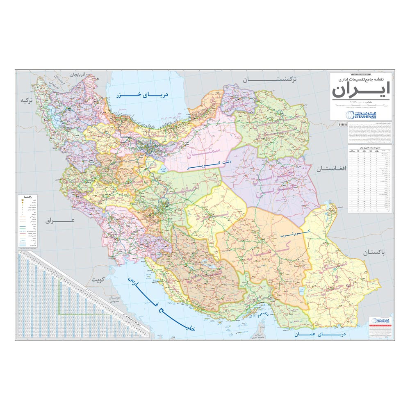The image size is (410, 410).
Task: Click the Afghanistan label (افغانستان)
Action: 332,169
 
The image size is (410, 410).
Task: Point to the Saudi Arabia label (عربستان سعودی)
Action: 113,300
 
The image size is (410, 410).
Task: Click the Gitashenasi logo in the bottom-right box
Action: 377,319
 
